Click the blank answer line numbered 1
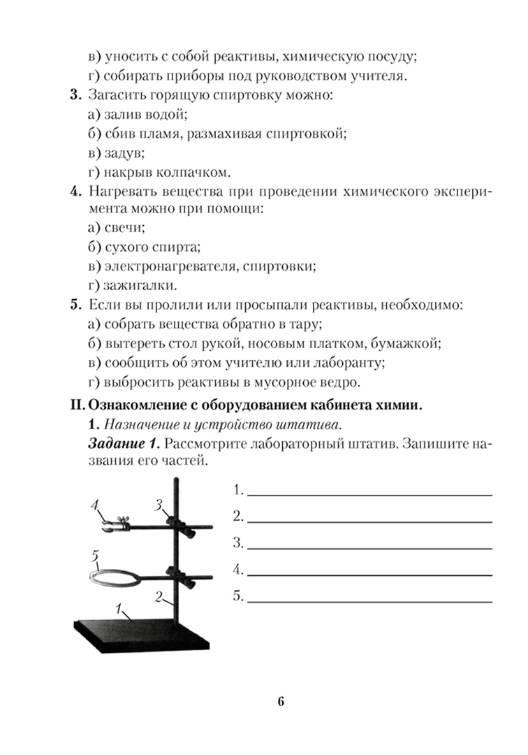369,494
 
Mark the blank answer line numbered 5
369,601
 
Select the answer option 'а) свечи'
117,228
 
